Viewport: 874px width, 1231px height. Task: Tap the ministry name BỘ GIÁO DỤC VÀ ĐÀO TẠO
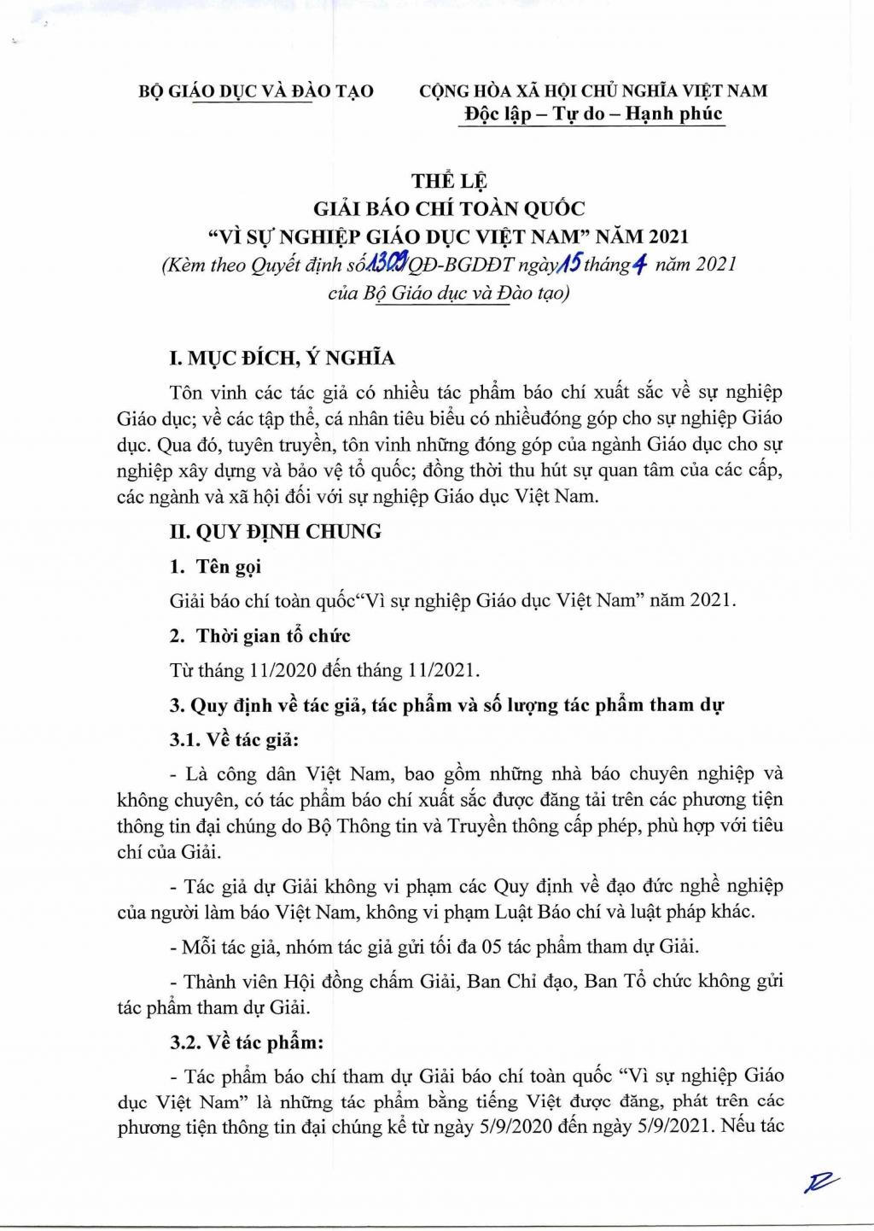[x=256, y=90]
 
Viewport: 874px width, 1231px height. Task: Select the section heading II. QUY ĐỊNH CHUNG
[x=275, y=531]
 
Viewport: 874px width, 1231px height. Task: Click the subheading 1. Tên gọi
[x=216, y=566]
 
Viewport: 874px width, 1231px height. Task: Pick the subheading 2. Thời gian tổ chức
[x=260, y=635]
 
